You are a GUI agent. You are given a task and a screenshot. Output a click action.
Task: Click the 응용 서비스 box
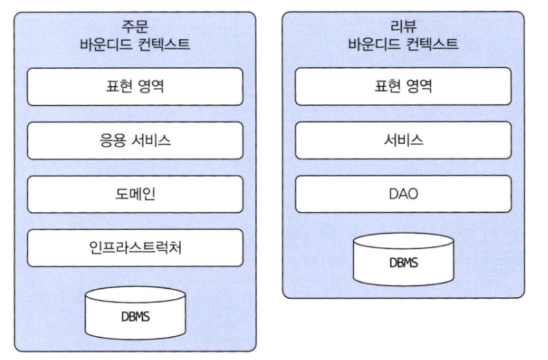135,141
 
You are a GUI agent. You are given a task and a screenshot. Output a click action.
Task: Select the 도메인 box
135,194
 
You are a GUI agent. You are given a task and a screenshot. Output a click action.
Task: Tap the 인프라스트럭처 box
135,248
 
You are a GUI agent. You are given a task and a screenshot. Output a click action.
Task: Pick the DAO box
403,194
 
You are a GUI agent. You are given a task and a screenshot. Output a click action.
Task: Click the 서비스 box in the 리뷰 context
403,141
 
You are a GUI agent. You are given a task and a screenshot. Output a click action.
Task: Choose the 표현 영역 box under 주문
135,87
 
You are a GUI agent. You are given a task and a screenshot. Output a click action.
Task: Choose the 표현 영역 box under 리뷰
403,87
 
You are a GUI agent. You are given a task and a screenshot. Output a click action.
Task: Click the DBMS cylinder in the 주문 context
135,315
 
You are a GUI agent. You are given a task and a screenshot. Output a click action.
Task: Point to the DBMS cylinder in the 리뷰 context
403,260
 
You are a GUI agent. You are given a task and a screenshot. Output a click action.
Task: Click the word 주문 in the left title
135,26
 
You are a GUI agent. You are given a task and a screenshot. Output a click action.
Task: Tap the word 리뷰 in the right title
403,26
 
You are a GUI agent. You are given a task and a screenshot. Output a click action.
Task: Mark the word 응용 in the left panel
112,141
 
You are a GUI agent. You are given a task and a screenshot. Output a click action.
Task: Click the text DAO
403,194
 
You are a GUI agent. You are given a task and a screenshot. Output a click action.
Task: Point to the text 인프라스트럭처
135,248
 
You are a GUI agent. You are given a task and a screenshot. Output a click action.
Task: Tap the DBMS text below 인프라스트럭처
135,317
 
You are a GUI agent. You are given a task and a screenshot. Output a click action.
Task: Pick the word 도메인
135,194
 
